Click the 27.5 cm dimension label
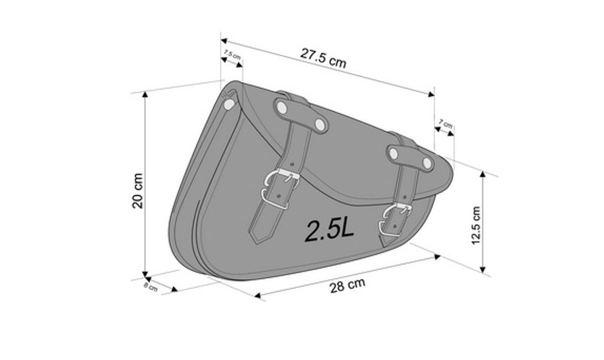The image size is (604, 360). tap(323, 58)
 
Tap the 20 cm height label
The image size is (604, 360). tap(137, 191)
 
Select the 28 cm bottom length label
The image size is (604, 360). tap(347, 285)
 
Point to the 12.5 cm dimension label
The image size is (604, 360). tap(476, 225)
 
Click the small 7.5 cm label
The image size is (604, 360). tap(232, 54)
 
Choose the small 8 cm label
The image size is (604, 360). tap(150, 287)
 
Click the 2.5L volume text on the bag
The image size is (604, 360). tap(329, 230)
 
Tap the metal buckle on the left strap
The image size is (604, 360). tap(281, 189)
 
